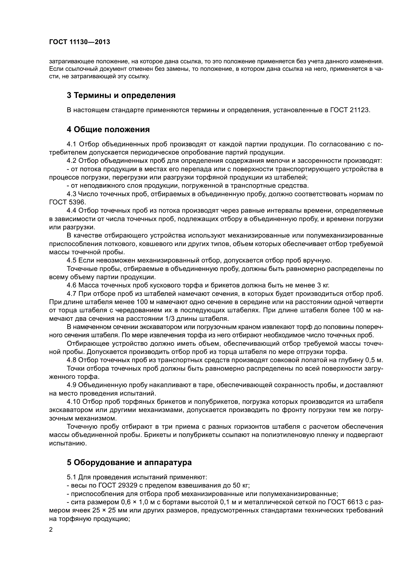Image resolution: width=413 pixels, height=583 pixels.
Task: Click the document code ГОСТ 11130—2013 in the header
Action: pyautogui.click(x=79, y=42)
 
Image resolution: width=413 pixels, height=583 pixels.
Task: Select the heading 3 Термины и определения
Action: pyautogui.click(x=121, y=95)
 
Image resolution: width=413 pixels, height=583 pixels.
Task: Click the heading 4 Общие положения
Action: pyautogui.click(x=108, y=130)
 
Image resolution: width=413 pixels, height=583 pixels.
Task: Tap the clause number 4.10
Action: pyautogui.click(x=73, y=402)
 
